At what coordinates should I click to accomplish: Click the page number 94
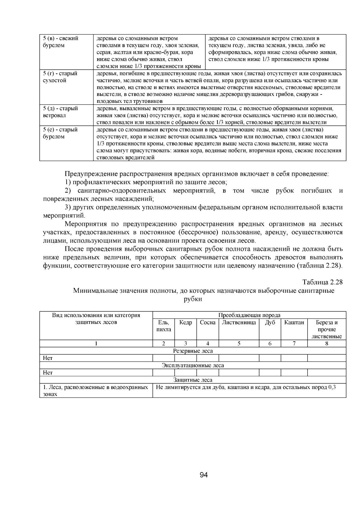click(204, 475)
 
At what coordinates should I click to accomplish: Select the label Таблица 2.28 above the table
click(322, 282)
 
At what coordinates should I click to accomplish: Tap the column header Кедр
click(186, 323)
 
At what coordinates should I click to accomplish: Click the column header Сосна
click(208, 323)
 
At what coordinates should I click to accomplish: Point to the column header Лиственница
click(239, 323)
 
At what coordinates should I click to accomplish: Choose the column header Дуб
click(270, 323)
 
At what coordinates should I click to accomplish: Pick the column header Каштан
click(294, 323)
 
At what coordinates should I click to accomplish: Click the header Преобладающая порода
click(249, 315)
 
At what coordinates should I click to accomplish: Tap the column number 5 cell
click(239, 344)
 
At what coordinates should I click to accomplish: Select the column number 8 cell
click(327, 344)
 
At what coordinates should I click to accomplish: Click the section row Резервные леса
click(193, 351)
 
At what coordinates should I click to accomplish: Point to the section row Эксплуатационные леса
click(193, 365)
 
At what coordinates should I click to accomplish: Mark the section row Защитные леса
click(193, 380)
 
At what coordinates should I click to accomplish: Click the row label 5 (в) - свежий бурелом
click(61, 42)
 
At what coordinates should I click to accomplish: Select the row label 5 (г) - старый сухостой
click(60, 77)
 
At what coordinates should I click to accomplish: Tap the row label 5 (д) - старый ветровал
click(60, 112)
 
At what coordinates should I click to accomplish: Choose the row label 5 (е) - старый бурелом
click(60, 133)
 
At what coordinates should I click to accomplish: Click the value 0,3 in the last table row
click(332, 387)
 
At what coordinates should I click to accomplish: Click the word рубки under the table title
click(193, 299)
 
